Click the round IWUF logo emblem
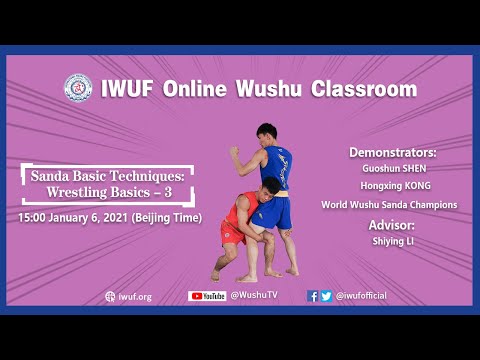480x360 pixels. click(78, 88)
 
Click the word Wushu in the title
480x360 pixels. click(262, 88)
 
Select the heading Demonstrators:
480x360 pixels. click(393, 153)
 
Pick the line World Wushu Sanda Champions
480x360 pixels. click(389, 205)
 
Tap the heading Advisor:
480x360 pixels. click(392, 224)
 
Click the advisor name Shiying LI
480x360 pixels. click(392, 241)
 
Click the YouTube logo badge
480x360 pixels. click(207, 296)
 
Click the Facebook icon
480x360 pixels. click(313, 296)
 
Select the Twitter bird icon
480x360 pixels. click(326, 296)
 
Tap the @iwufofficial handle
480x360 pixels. click(361, 296)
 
